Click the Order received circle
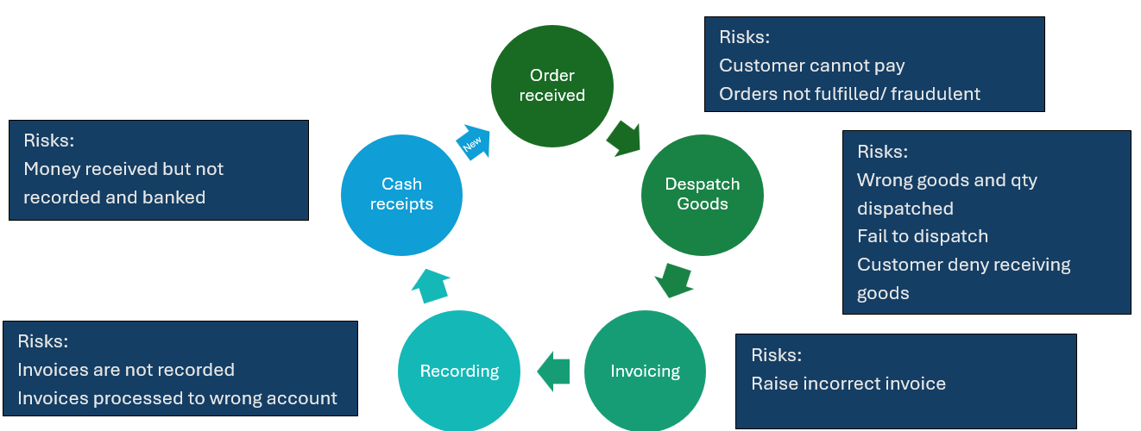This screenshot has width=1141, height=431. click(552, 86)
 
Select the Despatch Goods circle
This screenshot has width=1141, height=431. click(703, 195)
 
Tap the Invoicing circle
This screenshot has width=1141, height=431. click(645, 371)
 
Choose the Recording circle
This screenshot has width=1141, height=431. click(459, 371)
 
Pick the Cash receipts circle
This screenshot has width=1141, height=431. click(401, 195)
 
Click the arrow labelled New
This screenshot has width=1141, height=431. click(474, 142)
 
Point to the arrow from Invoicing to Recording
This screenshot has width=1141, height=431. click(553, 372)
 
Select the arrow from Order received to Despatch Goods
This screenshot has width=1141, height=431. click(624, 139)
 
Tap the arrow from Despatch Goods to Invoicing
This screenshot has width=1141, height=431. click(674, 280)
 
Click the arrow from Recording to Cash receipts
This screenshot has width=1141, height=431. click(431, 286)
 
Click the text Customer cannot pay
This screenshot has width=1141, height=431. click(812, 66)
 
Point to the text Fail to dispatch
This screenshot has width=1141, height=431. click(923, 236)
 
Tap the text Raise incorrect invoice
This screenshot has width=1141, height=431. click(848, 384)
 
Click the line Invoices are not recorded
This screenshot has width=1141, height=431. click(126, 370)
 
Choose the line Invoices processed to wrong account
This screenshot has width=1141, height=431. click(177, 398)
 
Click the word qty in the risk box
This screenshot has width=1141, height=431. click(1023, 181)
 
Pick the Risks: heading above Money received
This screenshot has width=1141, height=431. click(49, 141)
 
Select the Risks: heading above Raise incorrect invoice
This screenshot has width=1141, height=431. click(776, 354)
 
